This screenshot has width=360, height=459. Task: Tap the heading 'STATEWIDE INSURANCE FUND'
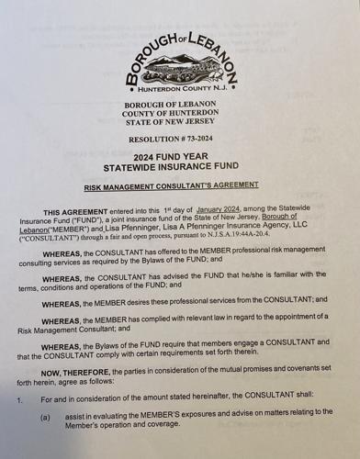(x=180, y=172)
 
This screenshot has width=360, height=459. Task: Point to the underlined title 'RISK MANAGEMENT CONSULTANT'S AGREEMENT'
(x=180, y=187)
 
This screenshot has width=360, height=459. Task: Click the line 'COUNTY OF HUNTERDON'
(x=180, y=117)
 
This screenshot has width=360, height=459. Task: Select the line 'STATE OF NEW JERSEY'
(x=180, y=128)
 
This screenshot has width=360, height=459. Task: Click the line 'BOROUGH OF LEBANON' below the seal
(x=180, y=106)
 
